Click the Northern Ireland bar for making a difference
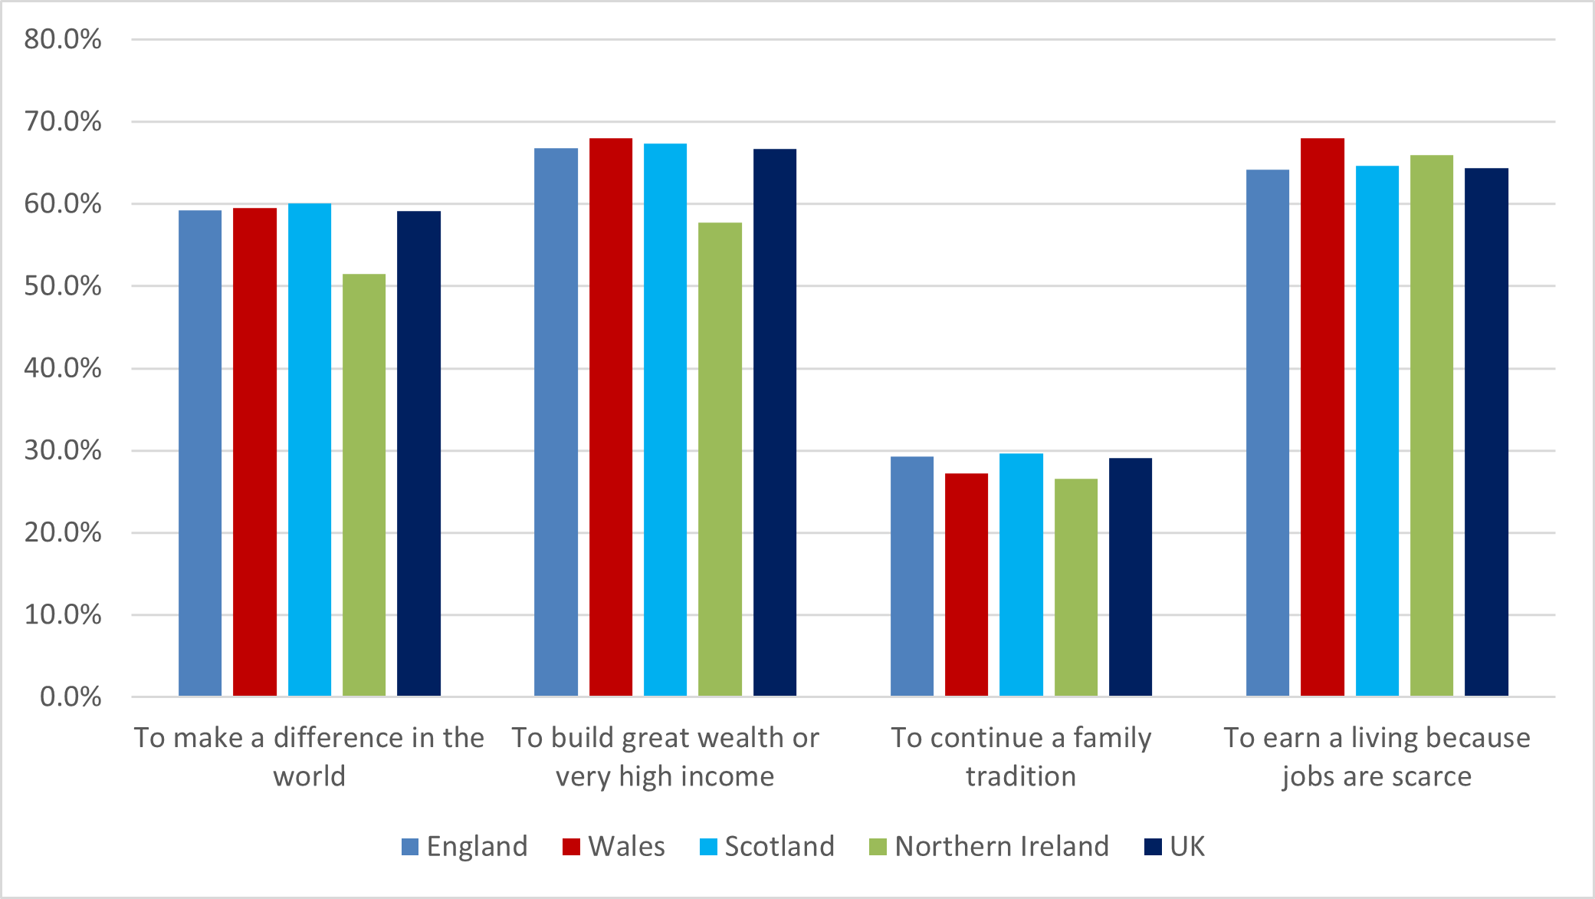click(x=364, y=485)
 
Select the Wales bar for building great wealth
click(x=611, y=417)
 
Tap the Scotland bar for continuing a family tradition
click(x=1021, y=575)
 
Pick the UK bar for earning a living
click(x=1486, y=432)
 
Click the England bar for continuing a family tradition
click(x=912, y=576)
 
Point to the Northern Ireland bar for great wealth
click(x=720, y=459)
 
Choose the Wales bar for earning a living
click(x=1322, y=417)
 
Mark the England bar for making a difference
click(x=200, y=453)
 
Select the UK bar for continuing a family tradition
click(x=1131, y=577)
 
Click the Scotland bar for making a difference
click(x=310, y=449)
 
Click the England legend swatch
click(x=410, y=847)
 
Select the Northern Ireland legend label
click(x=1002, y=847)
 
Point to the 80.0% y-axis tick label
click(x=63, y=39)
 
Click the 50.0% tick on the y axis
click(x=63, y=286)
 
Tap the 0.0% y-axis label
click(x=71, y=696)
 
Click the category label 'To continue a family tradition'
click(x=1021, y=756)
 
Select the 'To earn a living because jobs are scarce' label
click(x=1377, y=756)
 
